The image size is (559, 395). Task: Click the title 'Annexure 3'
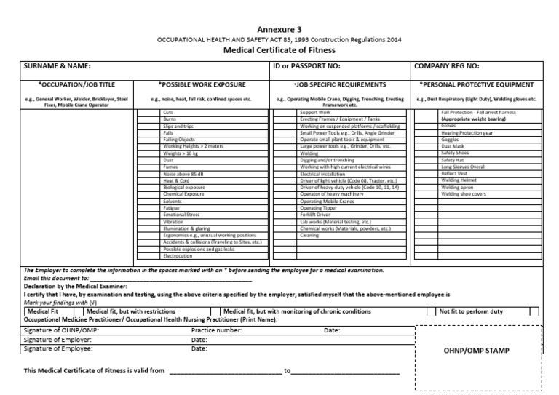click(x=279, y=29)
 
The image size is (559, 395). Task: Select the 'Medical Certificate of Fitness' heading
click(x=279, y=50)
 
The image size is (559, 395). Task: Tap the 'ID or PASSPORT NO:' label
click(x=306, y=66)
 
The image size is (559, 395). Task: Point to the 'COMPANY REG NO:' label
click(x=448, y=66)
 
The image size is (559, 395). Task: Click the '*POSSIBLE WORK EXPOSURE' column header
click(x=202, y=84)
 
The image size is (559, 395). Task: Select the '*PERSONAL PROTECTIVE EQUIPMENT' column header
click(x=481, y=84)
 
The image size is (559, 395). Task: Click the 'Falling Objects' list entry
click(x=179, y=139)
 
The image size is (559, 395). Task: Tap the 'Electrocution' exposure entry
click(x=178, y=256)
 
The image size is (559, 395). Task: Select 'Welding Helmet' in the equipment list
click(x=459, y=180)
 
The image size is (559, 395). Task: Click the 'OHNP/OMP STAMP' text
click(x=477, y=351)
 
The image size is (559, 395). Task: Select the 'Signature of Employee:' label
click(x=58, y=348)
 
